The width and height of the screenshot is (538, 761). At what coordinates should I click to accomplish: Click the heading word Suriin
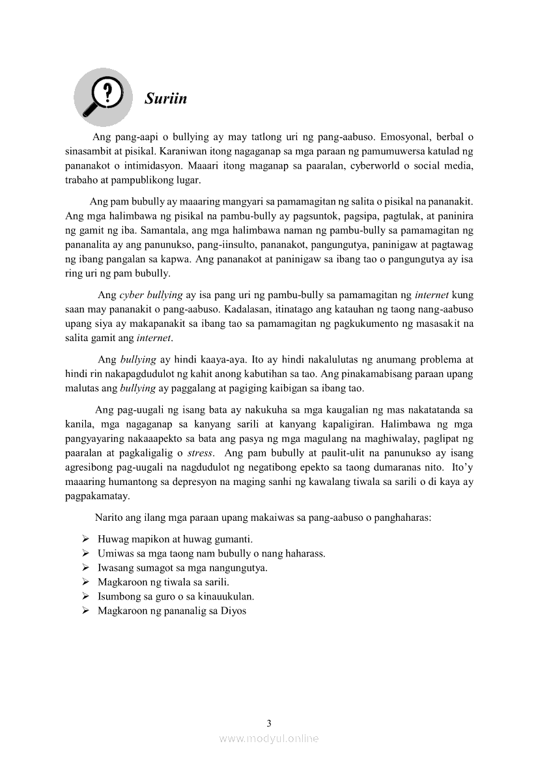point(165,98)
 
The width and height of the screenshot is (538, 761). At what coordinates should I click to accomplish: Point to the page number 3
point(269,723)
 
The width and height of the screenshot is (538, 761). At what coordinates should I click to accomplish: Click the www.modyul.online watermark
point(269,738)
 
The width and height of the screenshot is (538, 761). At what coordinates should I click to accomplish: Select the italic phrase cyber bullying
point(151,295)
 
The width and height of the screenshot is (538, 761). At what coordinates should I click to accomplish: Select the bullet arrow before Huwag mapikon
point(85,540)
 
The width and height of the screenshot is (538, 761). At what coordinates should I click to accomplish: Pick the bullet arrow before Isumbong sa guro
point(85,596)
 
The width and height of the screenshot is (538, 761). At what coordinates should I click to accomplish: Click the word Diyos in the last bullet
point(234,611)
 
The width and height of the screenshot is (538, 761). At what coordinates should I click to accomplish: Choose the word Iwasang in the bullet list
point(116,568)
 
